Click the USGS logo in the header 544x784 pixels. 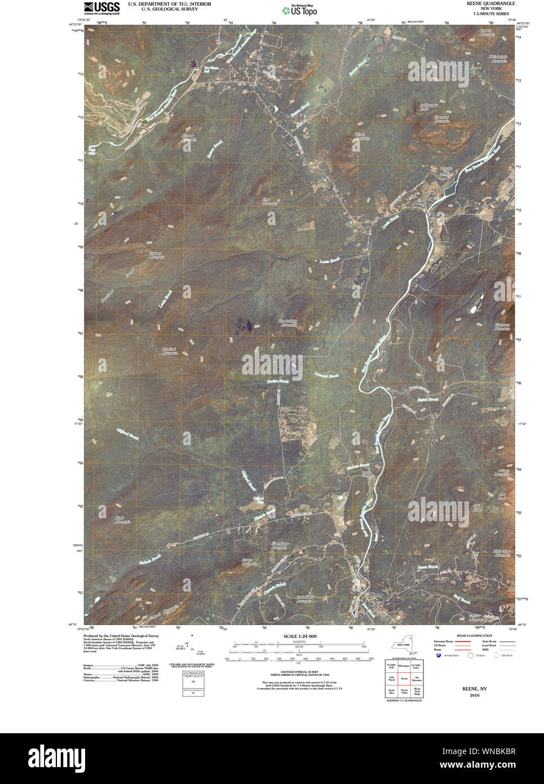101,7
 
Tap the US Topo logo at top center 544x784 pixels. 299,10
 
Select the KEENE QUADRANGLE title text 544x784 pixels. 490,3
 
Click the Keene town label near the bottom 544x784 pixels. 377,594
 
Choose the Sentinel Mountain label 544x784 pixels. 170,350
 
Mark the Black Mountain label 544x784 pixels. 122,519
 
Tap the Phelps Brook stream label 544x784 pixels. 278,382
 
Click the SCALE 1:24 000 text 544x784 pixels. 300,636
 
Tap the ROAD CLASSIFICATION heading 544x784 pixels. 463,636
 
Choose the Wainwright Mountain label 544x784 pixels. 498,58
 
